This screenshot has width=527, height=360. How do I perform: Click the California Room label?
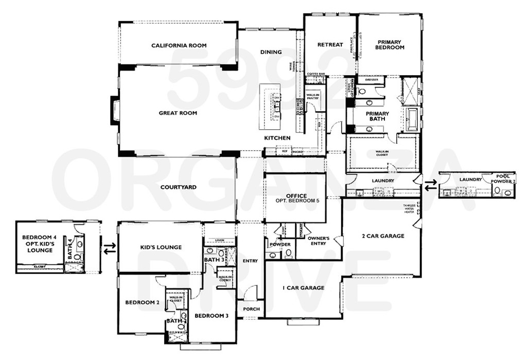tap(179, 46)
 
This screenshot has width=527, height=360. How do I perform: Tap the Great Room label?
tap(178, 113)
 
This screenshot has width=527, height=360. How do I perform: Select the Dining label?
tap(271, 52)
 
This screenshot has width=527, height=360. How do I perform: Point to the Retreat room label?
tap(330, 45)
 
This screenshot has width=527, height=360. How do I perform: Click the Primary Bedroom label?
tap(391, 45)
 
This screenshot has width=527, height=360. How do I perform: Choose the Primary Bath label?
tap(377, 116)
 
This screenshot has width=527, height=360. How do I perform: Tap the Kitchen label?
tap(277, 138)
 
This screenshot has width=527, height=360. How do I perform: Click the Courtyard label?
tap(178, 187)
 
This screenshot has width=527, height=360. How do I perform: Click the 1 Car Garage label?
tap(304, 288)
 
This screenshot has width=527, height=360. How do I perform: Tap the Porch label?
tap(251, 309)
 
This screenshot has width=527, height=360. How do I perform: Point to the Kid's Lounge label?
tap(161, 247)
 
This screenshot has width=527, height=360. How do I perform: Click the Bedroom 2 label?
tap(142, 302)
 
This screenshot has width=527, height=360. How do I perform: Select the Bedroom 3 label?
tap(211, 315)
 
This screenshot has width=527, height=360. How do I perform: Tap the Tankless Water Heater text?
tap(409, 209)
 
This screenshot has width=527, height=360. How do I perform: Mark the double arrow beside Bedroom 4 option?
tap(109, 249)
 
